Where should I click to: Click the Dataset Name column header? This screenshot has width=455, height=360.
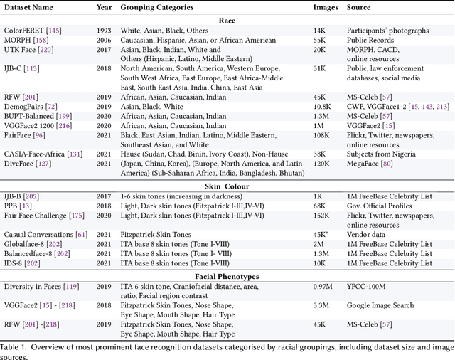tap(31, 8)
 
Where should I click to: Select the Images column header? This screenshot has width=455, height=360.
tap(326, 8)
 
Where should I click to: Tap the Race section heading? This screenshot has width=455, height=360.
tap(227, 21)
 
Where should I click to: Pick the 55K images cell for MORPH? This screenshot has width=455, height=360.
tap(320, 41)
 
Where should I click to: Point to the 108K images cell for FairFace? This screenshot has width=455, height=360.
tap(322, 134)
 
